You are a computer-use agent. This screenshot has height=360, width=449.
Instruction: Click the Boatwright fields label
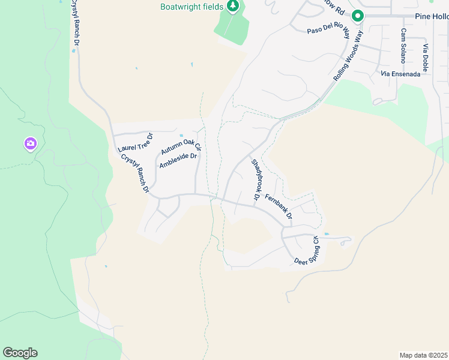coord(191,7)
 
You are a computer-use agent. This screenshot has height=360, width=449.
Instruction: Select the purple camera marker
coord(31,144)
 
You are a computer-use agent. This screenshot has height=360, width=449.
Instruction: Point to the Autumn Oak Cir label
coord(181,146)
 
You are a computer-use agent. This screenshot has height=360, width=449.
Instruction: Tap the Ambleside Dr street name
coord(178,161)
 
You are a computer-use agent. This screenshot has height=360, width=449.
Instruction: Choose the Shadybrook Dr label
coord(255,179)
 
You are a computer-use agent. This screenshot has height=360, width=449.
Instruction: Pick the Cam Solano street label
coord(403,46)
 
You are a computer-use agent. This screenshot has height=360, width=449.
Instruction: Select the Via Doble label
coord(425,58)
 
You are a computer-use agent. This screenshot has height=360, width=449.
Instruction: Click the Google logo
coord(20,353)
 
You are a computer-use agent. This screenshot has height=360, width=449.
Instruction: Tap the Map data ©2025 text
coord(423,355)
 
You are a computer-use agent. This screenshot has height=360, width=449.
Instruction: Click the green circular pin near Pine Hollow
coord(358,17)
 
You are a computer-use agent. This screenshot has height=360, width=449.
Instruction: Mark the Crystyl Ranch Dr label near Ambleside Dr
coord(134,173)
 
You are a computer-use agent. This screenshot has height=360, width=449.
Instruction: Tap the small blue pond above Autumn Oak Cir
coord(181,136)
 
